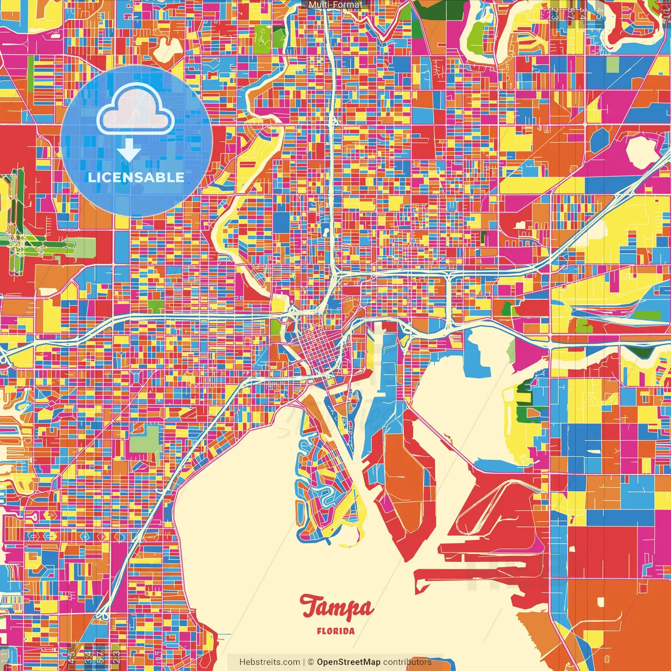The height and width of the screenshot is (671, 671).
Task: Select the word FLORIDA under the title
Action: pos(335,631)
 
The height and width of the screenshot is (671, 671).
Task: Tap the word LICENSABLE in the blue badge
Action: pos(136,177)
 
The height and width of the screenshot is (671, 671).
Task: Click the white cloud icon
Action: pos(135,109)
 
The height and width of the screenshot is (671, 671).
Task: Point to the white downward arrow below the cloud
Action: pos(129,151)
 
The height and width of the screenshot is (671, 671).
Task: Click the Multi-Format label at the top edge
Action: pos(335,5)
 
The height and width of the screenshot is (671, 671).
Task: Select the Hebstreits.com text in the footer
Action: pos(269,662)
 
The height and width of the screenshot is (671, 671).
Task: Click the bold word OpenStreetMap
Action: pos(348,662)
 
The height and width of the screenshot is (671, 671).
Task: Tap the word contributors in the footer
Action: pos(407,662)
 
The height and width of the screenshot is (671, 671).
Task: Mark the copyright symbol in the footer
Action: pos(310,662)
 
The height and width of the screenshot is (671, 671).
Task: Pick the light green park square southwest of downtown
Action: pos(145,439)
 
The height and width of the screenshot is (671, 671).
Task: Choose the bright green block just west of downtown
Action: pos(276,327)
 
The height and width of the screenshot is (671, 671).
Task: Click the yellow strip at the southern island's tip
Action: pos(349,540)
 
